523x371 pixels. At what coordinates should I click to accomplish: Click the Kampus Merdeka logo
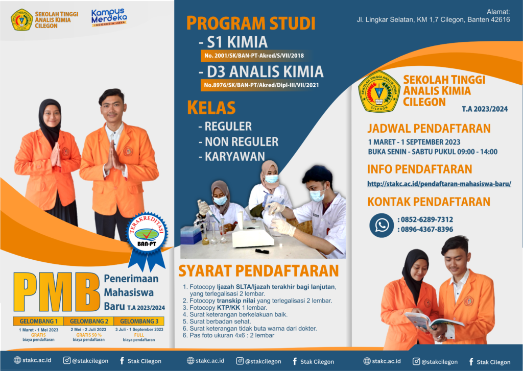pyautogui.click(x=109, y=18)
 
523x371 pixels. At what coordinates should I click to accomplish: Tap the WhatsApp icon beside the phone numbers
pyautogui.click(x=382, y=226)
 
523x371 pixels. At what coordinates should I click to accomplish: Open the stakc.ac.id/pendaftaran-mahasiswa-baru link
pyautogui.click(x=439, y=184)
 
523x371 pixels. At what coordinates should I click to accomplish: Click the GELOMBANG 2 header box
pyautogui.click(x=89, y=321)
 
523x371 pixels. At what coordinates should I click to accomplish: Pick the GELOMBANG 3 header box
pyautogui.click(x=139, y=321)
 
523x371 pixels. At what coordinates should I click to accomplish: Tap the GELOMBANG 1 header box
pyautogui.click(x=38, y=321)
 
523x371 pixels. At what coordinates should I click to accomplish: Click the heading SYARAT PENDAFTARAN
pyautogui.click(x=258, y=271)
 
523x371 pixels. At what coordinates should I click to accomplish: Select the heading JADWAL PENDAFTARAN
pyautogui.click(x=429, y=128)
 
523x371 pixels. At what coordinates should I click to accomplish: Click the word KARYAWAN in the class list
pyautogui.click(x=235, y=156)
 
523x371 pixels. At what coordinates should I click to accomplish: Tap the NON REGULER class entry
pyautogui.click(x=242, y=142)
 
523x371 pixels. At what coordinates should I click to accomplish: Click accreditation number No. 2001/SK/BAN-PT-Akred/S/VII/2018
pyautogui.click(x=254, y=56)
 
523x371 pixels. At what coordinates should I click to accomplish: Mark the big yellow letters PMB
pyautogui.click(x=56, y=292)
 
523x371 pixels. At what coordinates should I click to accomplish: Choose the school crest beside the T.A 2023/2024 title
pyautogui.click(x=379, y=91)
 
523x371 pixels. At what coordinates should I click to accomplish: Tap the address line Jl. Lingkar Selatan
pyautogui.click(x=433, y=20)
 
